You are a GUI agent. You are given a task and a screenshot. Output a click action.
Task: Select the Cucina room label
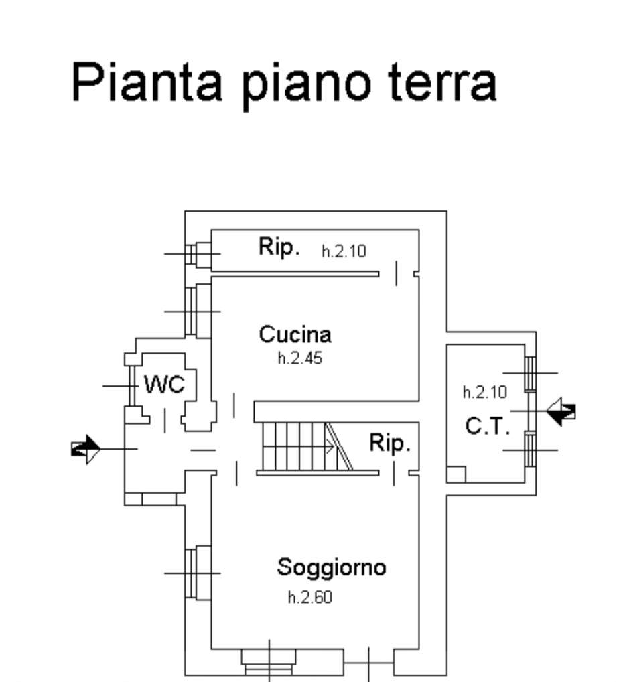tap(295, 334)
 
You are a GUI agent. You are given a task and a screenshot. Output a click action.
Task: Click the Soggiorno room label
tap(332, 567)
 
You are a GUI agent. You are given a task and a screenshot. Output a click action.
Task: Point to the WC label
tap(164, 385)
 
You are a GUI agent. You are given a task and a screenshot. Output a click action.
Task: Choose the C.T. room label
tap(487, 426)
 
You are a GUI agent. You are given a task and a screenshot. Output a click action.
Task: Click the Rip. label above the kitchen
tap(279, 247)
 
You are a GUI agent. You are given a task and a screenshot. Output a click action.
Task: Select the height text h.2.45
tap(299, 358)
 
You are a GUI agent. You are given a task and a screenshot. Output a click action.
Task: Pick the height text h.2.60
tap(309, 598)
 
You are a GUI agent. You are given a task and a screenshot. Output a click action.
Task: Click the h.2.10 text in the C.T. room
tap(485, 392)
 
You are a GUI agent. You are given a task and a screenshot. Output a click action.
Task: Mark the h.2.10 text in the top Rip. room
tap(344, 251)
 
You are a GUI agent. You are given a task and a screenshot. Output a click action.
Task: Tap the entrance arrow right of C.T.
tap(561, 411)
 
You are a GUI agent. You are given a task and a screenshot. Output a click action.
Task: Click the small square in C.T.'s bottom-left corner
tap(456, 474)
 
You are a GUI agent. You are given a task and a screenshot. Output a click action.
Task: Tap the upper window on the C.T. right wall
tap(530, 373)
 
